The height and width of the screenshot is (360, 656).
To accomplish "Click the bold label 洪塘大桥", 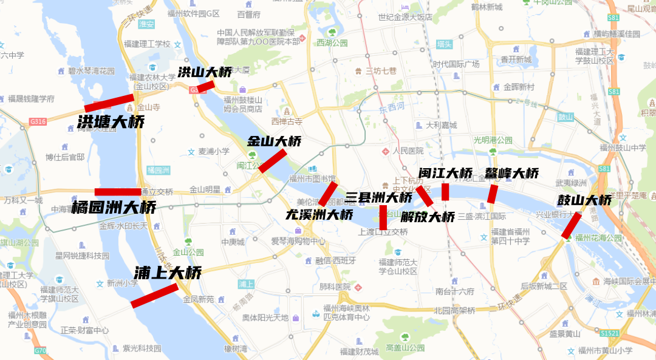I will [x=111, y=122].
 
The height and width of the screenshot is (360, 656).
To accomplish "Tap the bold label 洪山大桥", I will [x=205, y=72].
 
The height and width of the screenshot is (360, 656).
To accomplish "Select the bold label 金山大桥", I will [x=274, y=141].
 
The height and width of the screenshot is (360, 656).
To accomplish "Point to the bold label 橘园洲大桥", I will [x=114, y=208].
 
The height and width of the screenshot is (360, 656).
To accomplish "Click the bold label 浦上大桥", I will [x=168, y=273].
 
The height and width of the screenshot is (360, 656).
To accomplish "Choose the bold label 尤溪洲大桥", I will [x=319, y=214].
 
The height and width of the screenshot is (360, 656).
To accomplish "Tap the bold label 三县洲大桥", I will [x=379, y=197].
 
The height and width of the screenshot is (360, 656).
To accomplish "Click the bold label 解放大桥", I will [x=428, y=217].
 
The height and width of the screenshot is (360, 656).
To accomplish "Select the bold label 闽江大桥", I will [x=445, y=173].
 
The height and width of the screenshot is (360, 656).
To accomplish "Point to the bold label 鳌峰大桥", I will [x=511, y=173].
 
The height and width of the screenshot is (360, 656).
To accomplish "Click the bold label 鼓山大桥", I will [x=584, y=200].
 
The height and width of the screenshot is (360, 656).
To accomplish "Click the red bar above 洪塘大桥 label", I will [x=109, y=103].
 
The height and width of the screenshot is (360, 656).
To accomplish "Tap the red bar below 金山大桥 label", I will [x=273, y=161].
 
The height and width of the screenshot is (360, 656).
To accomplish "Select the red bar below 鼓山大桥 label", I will [x=571, y=225].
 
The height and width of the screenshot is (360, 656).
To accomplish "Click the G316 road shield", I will [x=37, y=122].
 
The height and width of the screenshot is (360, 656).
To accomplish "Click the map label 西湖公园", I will [x=332, y=42].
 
